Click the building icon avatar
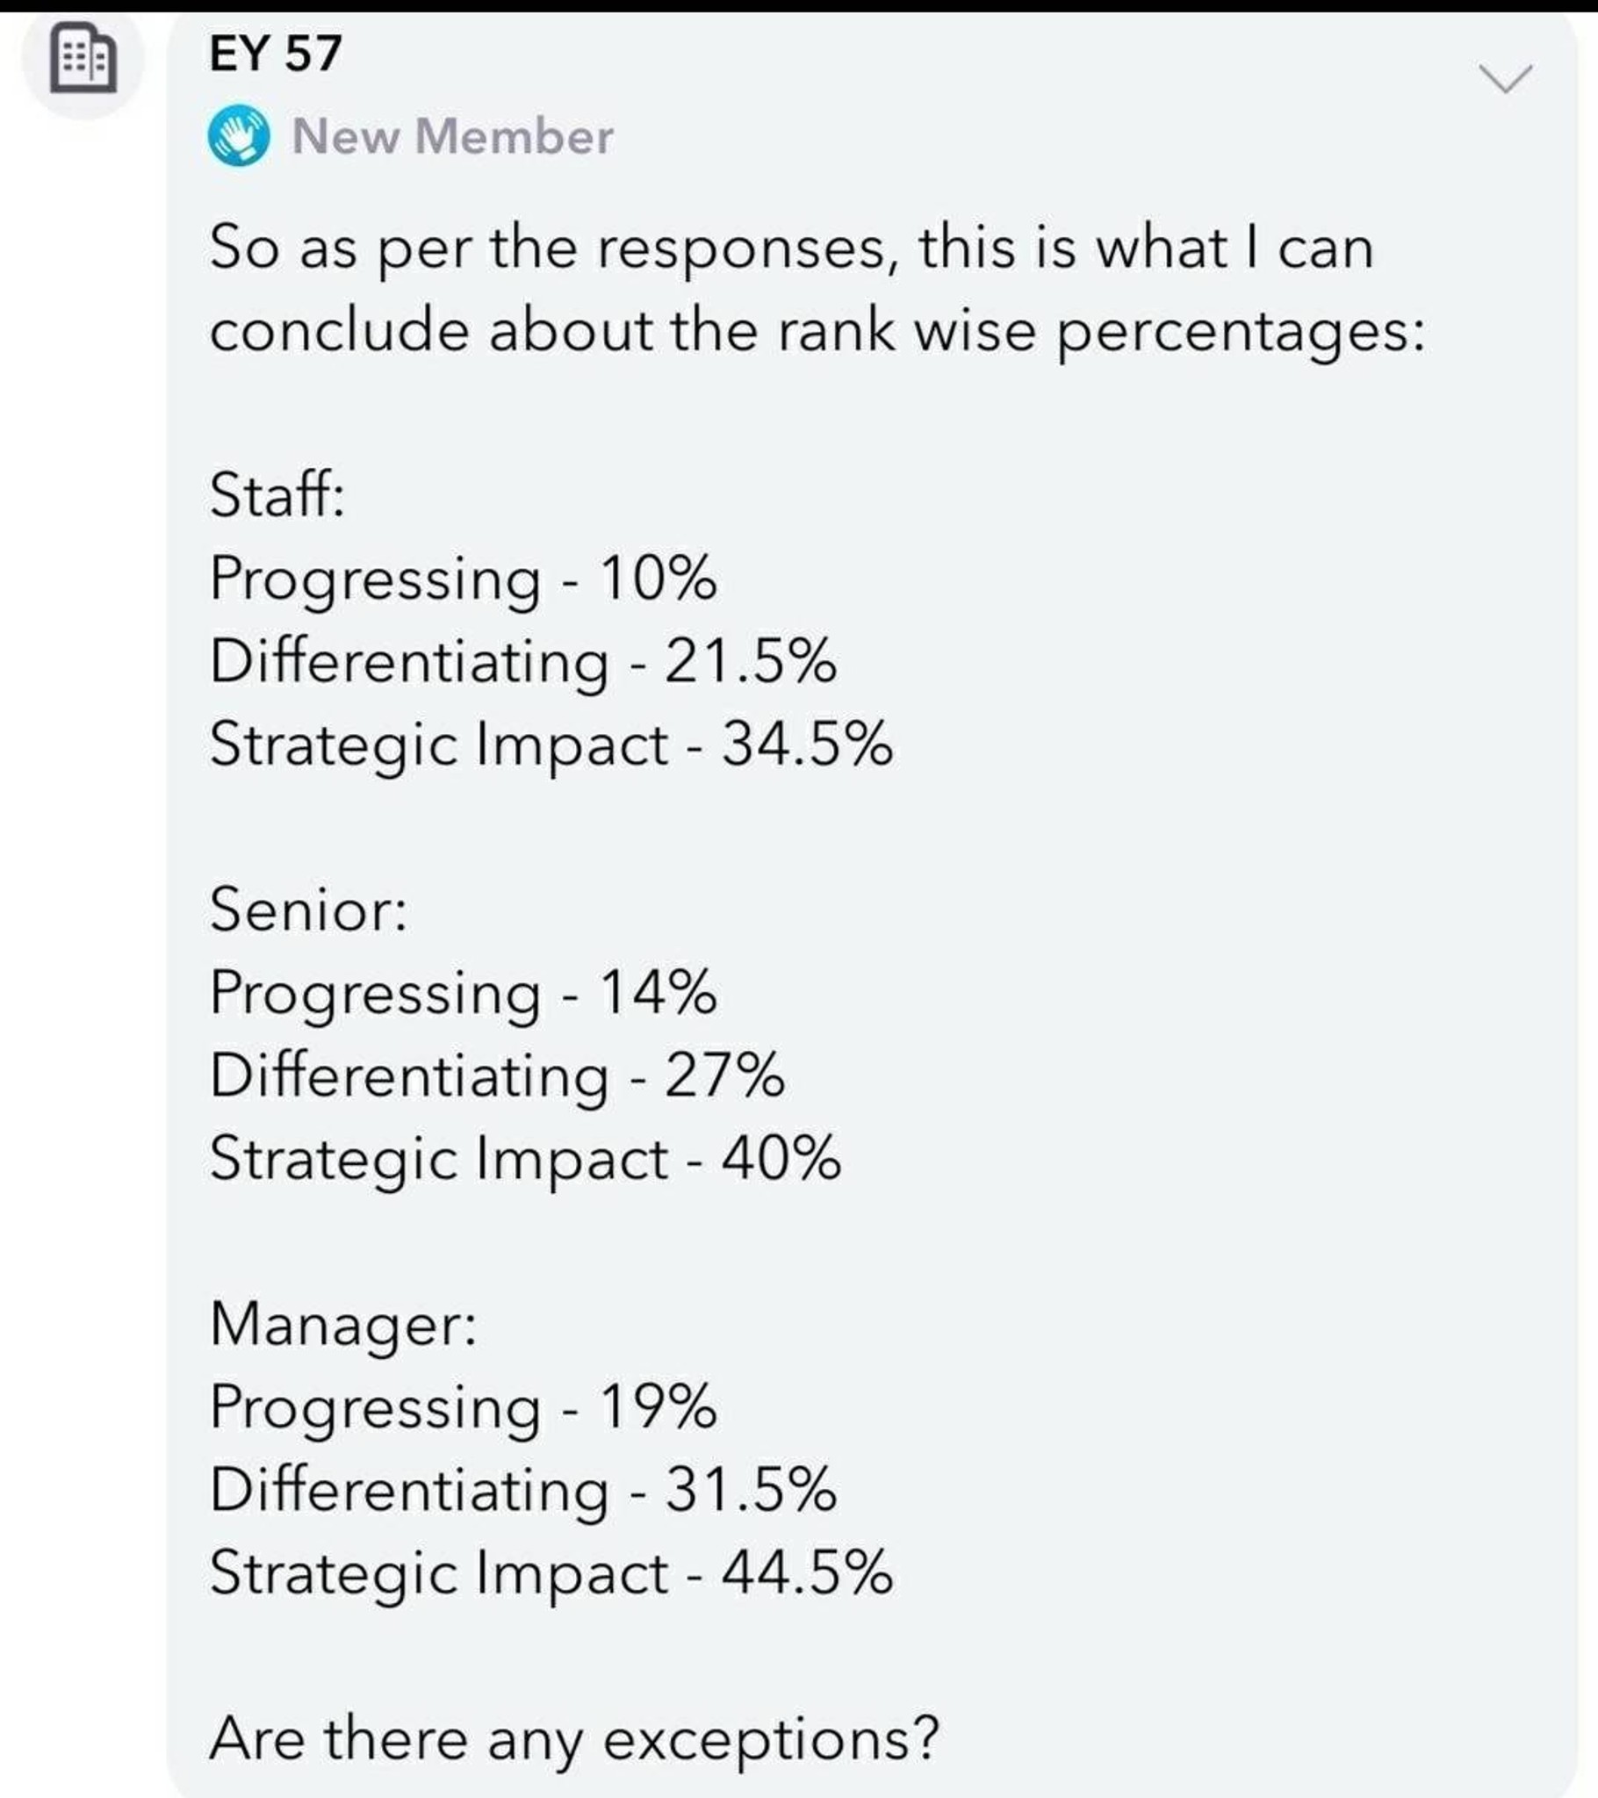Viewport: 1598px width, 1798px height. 83,61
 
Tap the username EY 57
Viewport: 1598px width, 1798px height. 275,53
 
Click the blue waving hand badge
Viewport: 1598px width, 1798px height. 239,136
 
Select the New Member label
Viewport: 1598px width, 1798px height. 452,136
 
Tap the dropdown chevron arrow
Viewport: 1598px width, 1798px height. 1506,79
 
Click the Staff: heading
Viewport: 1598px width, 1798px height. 277,494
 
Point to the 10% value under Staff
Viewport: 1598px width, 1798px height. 659,579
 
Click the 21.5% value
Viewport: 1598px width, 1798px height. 751,661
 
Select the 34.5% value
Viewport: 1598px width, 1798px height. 807,744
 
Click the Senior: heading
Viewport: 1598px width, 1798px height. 309,909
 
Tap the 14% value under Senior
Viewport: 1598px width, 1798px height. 659,992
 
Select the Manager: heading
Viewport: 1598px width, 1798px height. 343,1325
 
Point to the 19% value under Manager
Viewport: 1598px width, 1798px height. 659,1406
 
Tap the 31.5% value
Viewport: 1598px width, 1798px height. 751,1489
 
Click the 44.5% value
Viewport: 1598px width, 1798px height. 807,1571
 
